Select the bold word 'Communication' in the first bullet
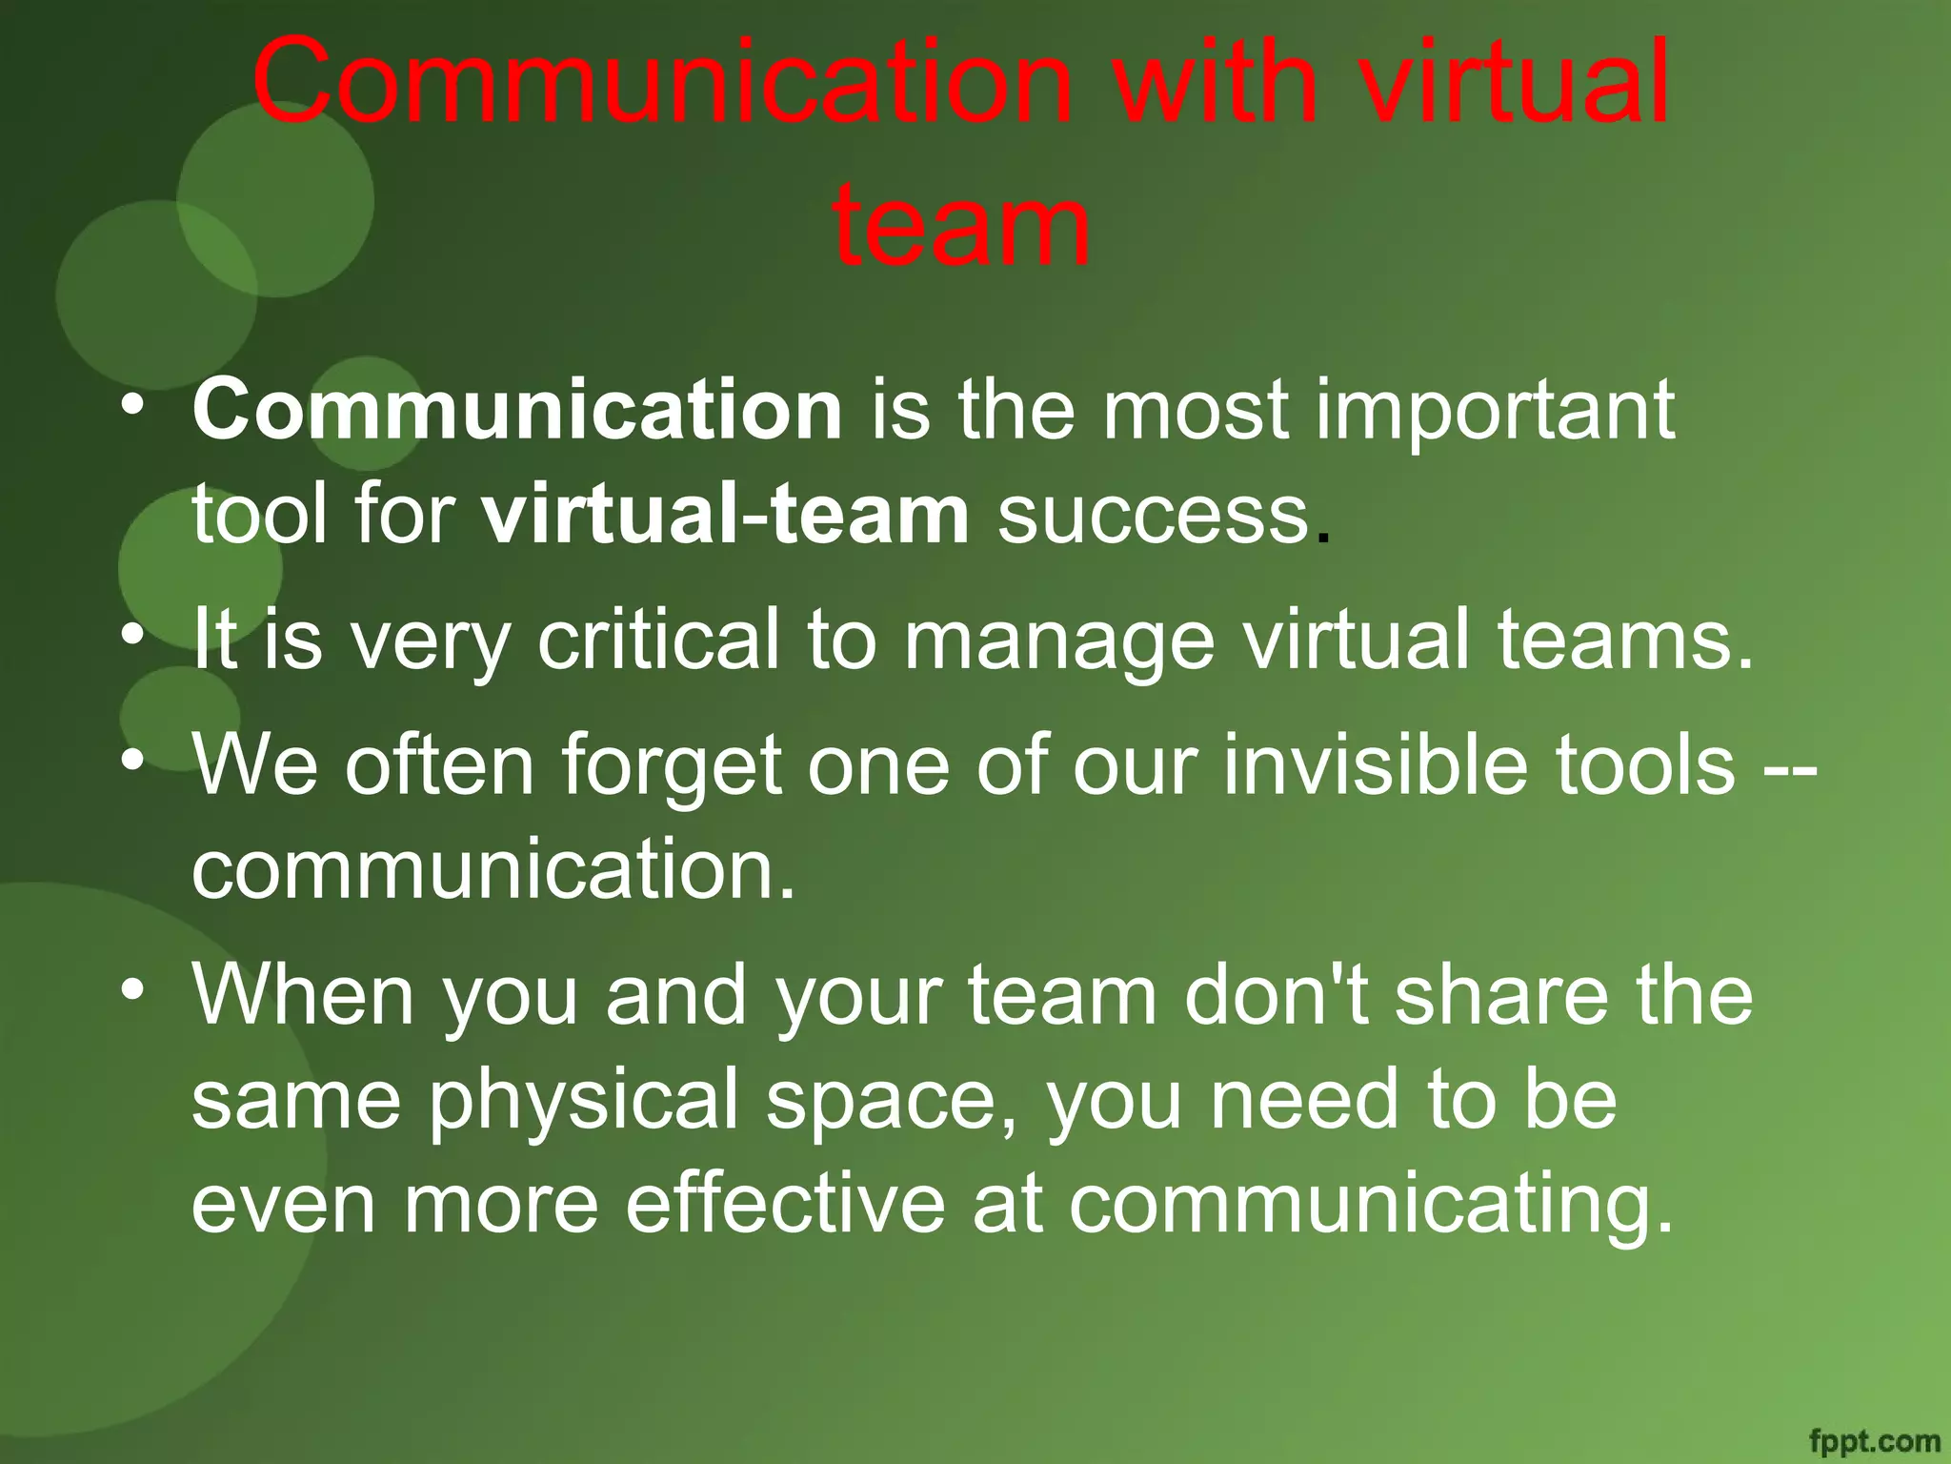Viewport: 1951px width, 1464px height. click(517, 410)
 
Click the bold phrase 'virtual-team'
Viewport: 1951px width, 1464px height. click(725, 515)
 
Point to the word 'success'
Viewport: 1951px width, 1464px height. click(1153, 515)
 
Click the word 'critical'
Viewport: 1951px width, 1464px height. click(658, 640)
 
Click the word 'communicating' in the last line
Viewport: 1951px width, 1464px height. click(1370, 1207)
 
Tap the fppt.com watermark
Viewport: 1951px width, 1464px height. click(1873, 1440)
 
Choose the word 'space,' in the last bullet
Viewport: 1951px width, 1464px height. click(893, 1102)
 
